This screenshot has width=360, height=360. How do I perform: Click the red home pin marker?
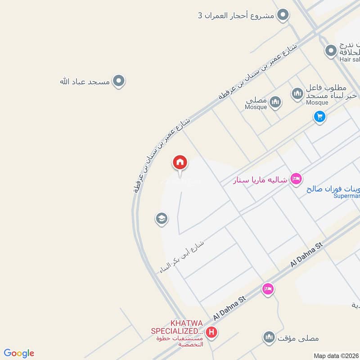coord(180,162)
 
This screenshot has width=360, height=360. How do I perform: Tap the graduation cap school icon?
coord(162,219)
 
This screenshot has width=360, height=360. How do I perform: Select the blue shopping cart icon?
coord(319,117)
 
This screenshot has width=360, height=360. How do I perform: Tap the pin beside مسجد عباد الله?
coord(118,81)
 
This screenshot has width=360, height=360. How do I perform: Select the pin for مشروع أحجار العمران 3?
coord(283,16)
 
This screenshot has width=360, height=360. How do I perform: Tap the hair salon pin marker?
coord(331,50)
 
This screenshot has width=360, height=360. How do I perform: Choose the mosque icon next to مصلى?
coord(275,103)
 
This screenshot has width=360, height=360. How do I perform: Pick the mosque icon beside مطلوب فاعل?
coord(297,94)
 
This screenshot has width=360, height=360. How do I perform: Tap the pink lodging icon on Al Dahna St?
coord(268,289)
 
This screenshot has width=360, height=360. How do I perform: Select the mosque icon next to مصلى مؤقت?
coord(269,337)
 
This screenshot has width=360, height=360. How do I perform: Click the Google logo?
coord(19,353)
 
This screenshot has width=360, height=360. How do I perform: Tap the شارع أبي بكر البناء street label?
coord(182,257)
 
